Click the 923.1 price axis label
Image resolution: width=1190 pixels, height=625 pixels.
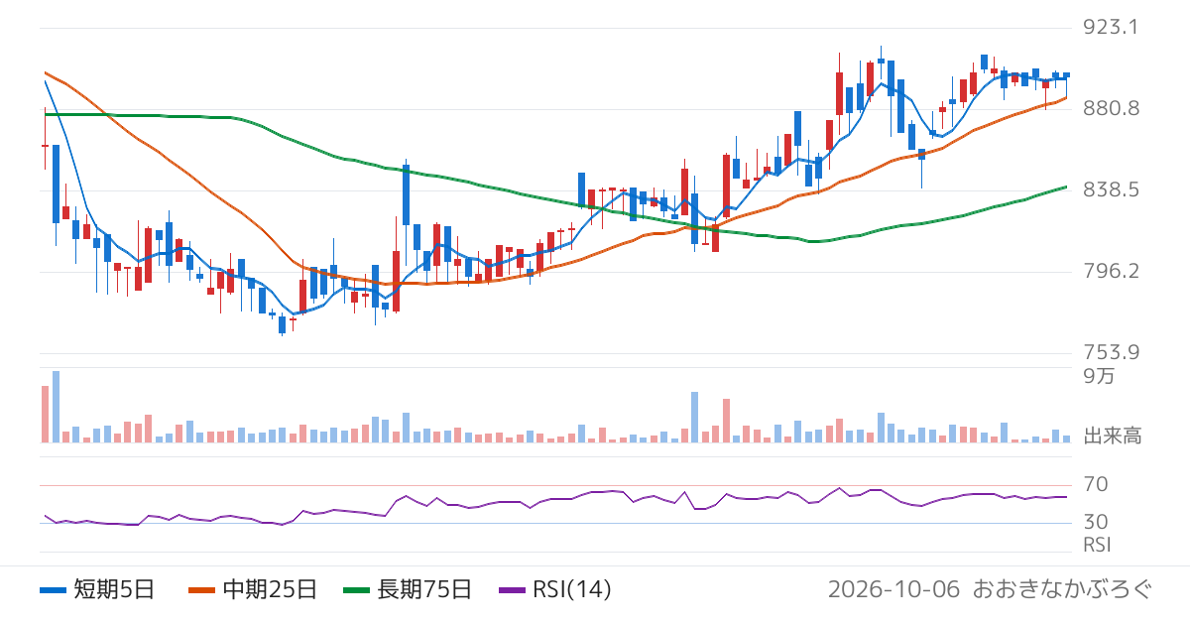[1111, 27]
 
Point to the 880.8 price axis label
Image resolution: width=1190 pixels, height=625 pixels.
[1111, 108]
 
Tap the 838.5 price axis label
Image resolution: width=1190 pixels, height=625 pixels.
[1111, 189]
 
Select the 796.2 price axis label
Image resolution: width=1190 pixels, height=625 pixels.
[1111, 271]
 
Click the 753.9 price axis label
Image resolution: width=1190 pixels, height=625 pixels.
[1111, 352]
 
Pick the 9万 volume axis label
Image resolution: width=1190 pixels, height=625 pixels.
[1099, 376]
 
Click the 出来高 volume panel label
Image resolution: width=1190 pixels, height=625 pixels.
[1112, 437]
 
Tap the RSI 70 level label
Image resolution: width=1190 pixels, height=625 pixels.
[1096, 484]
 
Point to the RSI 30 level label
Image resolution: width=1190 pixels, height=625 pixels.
[1096, 522]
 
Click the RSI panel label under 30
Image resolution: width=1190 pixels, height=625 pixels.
[1097, 545]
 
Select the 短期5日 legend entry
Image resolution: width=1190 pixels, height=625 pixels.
[97, 589]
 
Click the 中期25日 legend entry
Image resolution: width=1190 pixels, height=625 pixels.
[253, 589]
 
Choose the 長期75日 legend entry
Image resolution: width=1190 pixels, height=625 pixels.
[408, 589]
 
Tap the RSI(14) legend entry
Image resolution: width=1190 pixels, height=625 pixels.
[555, 589]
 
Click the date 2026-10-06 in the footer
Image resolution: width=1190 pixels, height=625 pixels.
[893, 589]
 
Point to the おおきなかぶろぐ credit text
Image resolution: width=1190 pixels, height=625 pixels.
[1062, 589]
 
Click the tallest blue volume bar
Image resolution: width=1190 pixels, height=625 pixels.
[56, 407]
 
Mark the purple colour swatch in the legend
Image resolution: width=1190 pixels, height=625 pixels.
[512, 590]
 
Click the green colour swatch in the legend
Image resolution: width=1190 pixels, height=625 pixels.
[356, 590]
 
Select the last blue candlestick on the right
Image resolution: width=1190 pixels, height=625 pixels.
[1066, 75]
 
